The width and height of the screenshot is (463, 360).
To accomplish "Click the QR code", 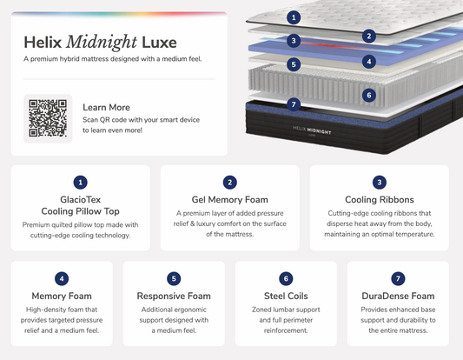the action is (48, 118).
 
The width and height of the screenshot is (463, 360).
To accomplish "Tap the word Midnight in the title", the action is (102, 43).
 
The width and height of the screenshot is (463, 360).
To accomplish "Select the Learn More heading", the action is (106, 107).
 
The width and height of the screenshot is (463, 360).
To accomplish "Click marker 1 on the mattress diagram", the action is (294, 17).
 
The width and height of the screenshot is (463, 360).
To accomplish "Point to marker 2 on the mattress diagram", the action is (369, 37).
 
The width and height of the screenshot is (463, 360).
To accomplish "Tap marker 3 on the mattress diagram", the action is (294, 41).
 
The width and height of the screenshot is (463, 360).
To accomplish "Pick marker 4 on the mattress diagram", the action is (369, 62).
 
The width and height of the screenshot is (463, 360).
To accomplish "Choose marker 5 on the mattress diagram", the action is (294, 64).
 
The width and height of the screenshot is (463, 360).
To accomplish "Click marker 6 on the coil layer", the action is (369, 95).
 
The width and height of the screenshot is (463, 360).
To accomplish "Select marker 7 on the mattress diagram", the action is (294, 104).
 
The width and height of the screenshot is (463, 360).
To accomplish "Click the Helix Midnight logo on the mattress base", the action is (312, 130).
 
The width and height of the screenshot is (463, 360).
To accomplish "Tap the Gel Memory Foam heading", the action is (229, 200).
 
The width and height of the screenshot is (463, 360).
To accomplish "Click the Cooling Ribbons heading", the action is (380, 200).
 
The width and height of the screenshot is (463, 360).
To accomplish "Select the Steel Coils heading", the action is (286, 296).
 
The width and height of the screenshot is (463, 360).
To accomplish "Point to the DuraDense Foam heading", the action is (398, 296).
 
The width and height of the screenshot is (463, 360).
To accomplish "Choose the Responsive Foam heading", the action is (174, 296).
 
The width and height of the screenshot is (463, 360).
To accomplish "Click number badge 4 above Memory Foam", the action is (62, 278).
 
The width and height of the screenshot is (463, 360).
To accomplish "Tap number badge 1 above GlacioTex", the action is (80, 183).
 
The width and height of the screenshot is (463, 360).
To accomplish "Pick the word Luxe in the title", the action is (159, 43).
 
